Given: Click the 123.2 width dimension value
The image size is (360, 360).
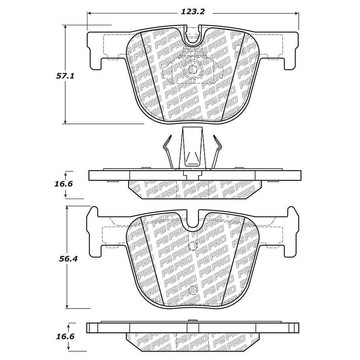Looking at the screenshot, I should pos(192,12).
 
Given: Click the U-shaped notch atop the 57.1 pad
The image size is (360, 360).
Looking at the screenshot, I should pos(193,38).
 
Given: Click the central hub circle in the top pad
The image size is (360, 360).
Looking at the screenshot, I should pos(193,70).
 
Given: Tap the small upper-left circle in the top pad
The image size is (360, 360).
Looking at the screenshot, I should pos(147,49).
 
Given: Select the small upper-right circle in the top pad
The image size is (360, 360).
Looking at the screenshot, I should pos(238,49).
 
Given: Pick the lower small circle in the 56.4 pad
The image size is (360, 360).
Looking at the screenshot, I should pos(193,290).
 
